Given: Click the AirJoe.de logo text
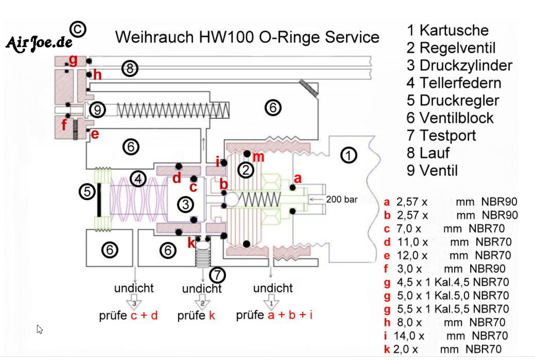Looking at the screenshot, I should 39,43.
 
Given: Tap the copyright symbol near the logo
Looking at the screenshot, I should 78,29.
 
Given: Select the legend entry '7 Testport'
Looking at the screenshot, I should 441,135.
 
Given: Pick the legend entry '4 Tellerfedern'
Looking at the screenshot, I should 454,83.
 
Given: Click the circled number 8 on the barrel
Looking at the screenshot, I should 130,68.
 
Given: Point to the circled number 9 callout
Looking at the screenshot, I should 98,109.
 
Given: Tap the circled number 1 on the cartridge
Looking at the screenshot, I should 349,155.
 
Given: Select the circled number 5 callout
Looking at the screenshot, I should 87,192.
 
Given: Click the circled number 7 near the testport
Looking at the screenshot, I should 217,274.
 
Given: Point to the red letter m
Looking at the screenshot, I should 258,157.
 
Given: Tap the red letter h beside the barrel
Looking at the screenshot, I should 97,75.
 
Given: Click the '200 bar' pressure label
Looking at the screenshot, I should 342,200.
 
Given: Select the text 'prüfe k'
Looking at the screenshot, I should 196,316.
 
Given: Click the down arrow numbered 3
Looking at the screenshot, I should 134,304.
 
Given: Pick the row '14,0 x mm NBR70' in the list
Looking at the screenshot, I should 446,336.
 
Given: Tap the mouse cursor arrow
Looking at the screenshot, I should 39,329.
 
